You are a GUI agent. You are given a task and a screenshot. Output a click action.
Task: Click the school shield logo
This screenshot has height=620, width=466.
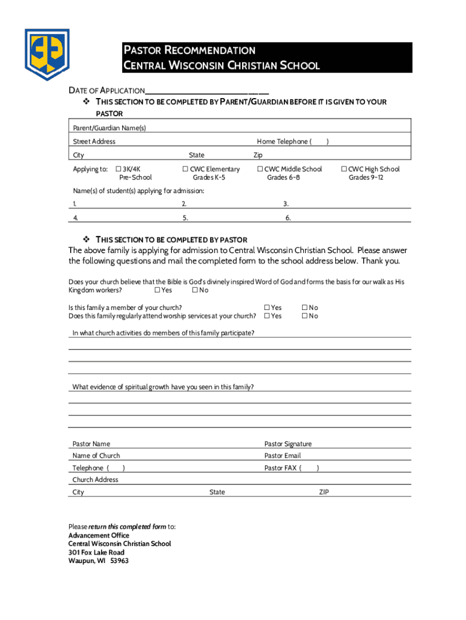point(47,54)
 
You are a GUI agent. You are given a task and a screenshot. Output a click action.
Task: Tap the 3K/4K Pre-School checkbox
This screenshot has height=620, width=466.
point(119,170)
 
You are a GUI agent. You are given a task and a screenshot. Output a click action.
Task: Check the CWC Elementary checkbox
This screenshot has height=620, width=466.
point(186,170)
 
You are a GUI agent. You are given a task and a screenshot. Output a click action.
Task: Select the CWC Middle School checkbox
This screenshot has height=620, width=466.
point(260,170)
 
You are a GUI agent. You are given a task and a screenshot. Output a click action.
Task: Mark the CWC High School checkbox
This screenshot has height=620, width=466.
point(344,170)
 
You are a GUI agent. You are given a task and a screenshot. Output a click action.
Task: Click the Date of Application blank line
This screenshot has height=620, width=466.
point(206,90)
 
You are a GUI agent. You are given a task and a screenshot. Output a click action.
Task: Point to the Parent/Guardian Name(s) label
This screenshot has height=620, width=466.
point(109,128)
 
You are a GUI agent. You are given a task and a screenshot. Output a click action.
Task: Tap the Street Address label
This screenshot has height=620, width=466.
point(94,142)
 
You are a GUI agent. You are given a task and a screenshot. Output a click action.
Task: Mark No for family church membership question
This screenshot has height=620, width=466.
point(305,308)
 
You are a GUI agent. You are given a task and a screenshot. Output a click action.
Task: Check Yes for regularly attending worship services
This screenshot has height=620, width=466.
point(267,316)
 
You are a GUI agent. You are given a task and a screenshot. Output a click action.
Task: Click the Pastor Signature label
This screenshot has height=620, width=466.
point(288,444)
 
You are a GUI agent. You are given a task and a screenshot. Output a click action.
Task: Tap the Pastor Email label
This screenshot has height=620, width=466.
point(282,456)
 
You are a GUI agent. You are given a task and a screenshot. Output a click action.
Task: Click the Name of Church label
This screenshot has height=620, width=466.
point(96,456)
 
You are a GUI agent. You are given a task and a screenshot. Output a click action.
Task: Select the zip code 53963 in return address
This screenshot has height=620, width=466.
point(119,561)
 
